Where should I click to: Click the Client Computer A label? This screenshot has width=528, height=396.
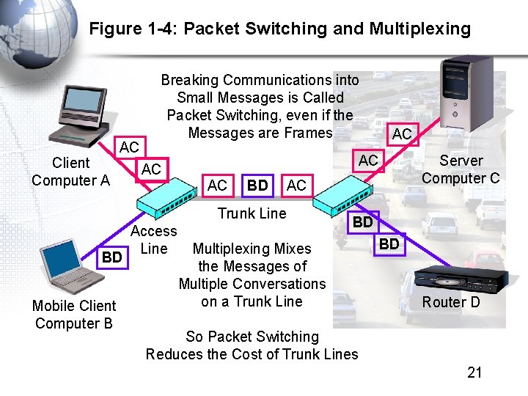pos(70,172)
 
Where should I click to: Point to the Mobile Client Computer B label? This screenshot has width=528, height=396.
pos(73,315)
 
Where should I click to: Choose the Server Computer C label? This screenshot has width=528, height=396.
pos(461,169)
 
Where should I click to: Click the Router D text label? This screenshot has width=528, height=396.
pos(451,302)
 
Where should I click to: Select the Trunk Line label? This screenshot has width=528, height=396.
pos(252,213)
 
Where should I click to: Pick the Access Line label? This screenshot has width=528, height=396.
pos(153,240)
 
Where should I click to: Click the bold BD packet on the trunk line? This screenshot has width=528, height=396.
pos(257,186)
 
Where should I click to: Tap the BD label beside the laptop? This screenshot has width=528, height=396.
pos(111,257)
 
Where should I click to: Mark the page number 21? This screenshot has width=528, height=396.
pos(474,373)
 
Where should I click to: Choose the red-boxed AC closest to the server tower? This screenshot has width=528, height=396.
pos(402,133)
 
